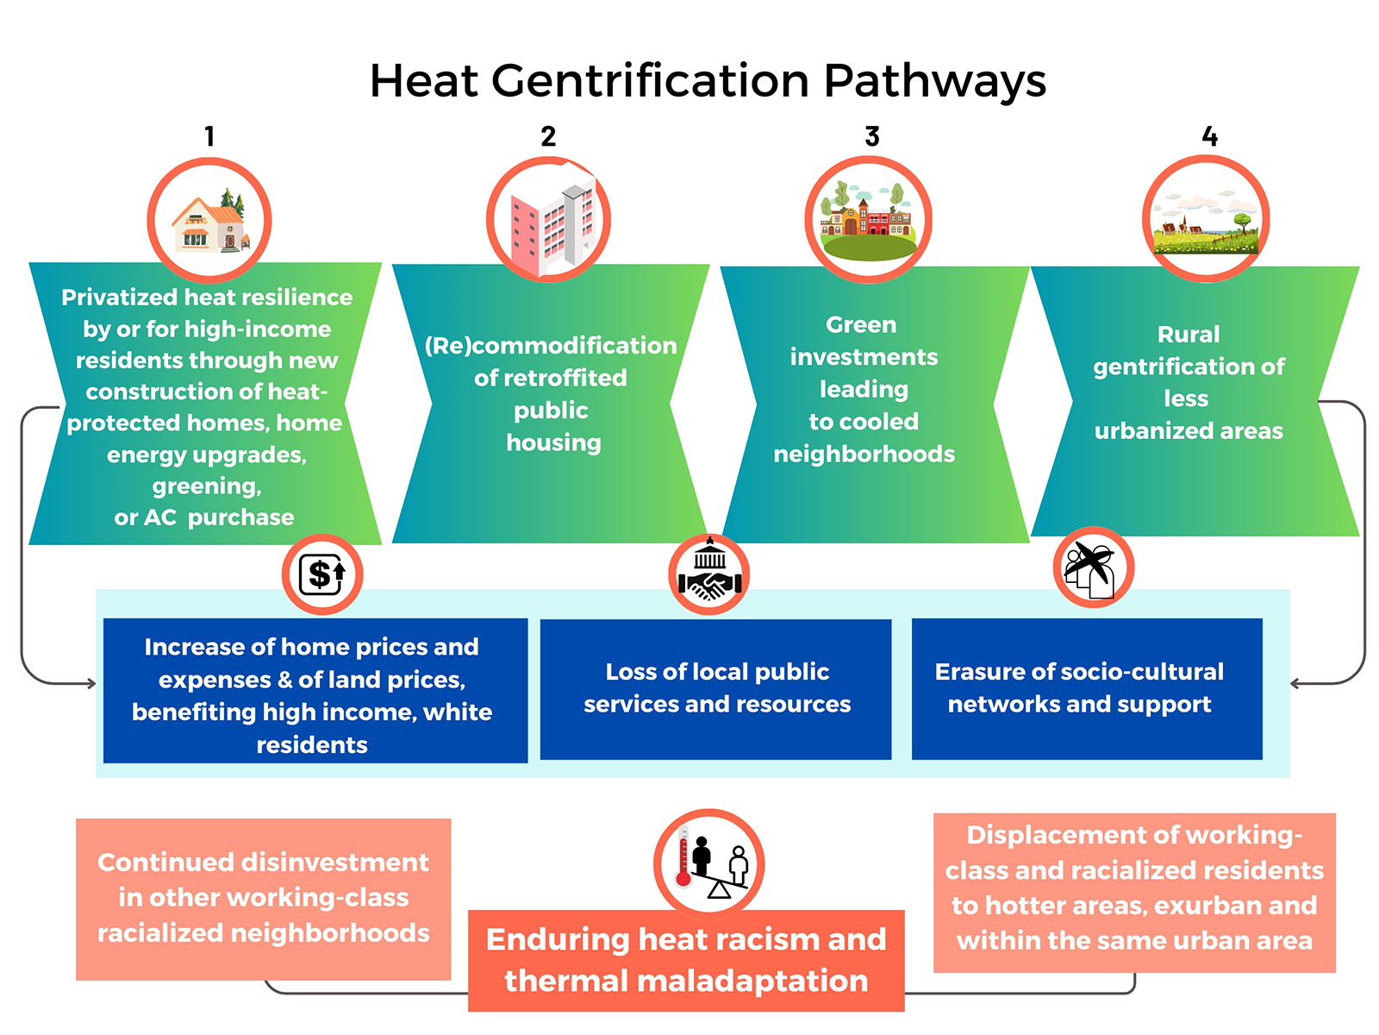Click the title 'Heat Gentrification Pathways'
click(x=708, y=82)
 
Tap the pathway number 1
click(x=209, y=135)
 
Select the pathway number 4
click(x=1209, y=135)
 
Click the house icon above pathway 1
click(x=209, y=220)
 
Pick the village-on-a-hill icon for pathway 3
click(x=868, y=219)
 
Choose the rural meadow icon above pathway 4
click(x=1206, y=219)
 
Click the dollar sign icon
click(x=322, y=574)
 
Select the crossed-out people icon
click(x=1093, y=568)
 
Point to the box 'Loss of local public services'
click(x=715, y=689)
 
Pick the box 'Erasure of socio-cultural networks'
click(x=1087, y=689)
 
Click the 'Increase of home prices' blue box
click(x=315, y=691)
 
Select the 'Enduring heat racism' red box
click(x=686, y=960)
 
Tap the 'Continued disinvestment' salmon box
click(x=263, y=899)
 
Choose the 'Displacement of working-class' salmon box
click(x=1134, y=893)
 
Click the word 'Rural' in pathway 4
click(x=1188, y=335)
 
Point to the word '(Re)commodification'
click(x=551, y=346)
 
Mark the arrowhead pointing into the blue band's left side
click(x=91, y=683)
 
